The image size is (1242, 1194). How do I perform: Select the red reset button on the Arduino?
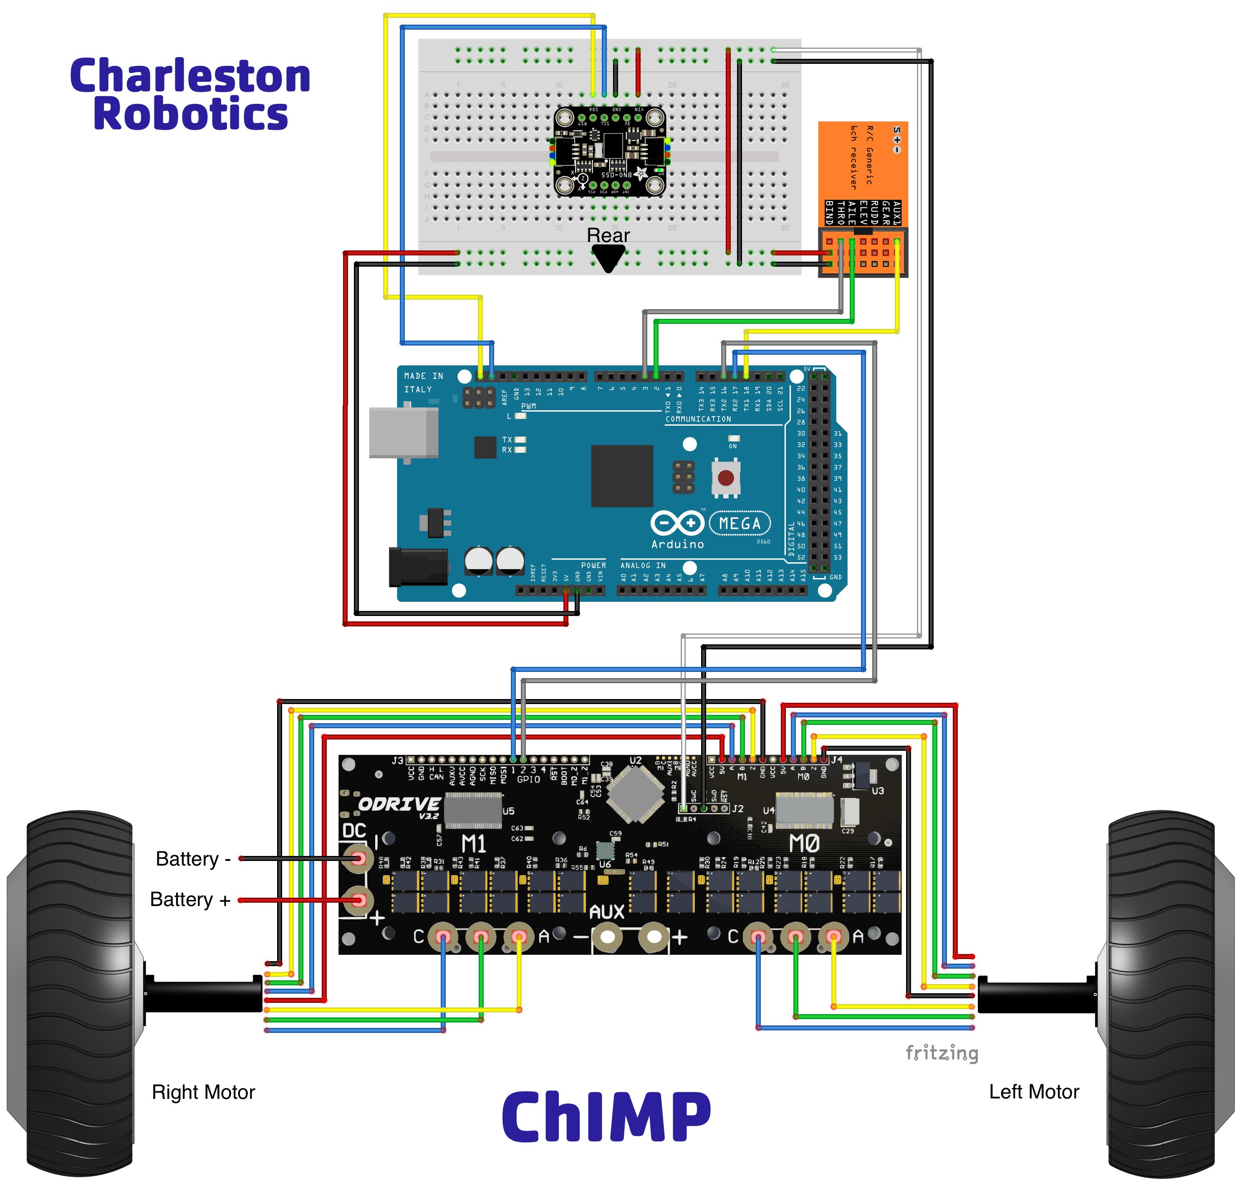coord(726,477)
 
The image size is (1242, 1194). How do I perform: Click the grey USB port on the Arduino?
coord(404,432)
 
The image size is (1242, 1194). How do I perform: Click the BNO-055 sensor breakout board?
coord(610,151)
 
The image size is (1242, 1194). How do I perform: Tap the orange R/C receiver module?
coord(862,198)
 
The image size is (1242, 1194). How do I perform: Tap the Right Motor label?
coord(203,1092)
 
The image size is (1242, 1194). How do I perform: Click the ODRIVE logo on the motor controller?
coord(399,805)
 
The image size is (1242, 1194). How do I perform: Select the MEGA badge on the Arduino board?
coord(740,523)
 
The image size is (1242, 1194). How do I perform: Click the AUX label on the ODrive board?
coord(606,911)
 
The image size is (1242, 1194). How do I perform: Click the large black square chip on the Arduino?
coord(622,475)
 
